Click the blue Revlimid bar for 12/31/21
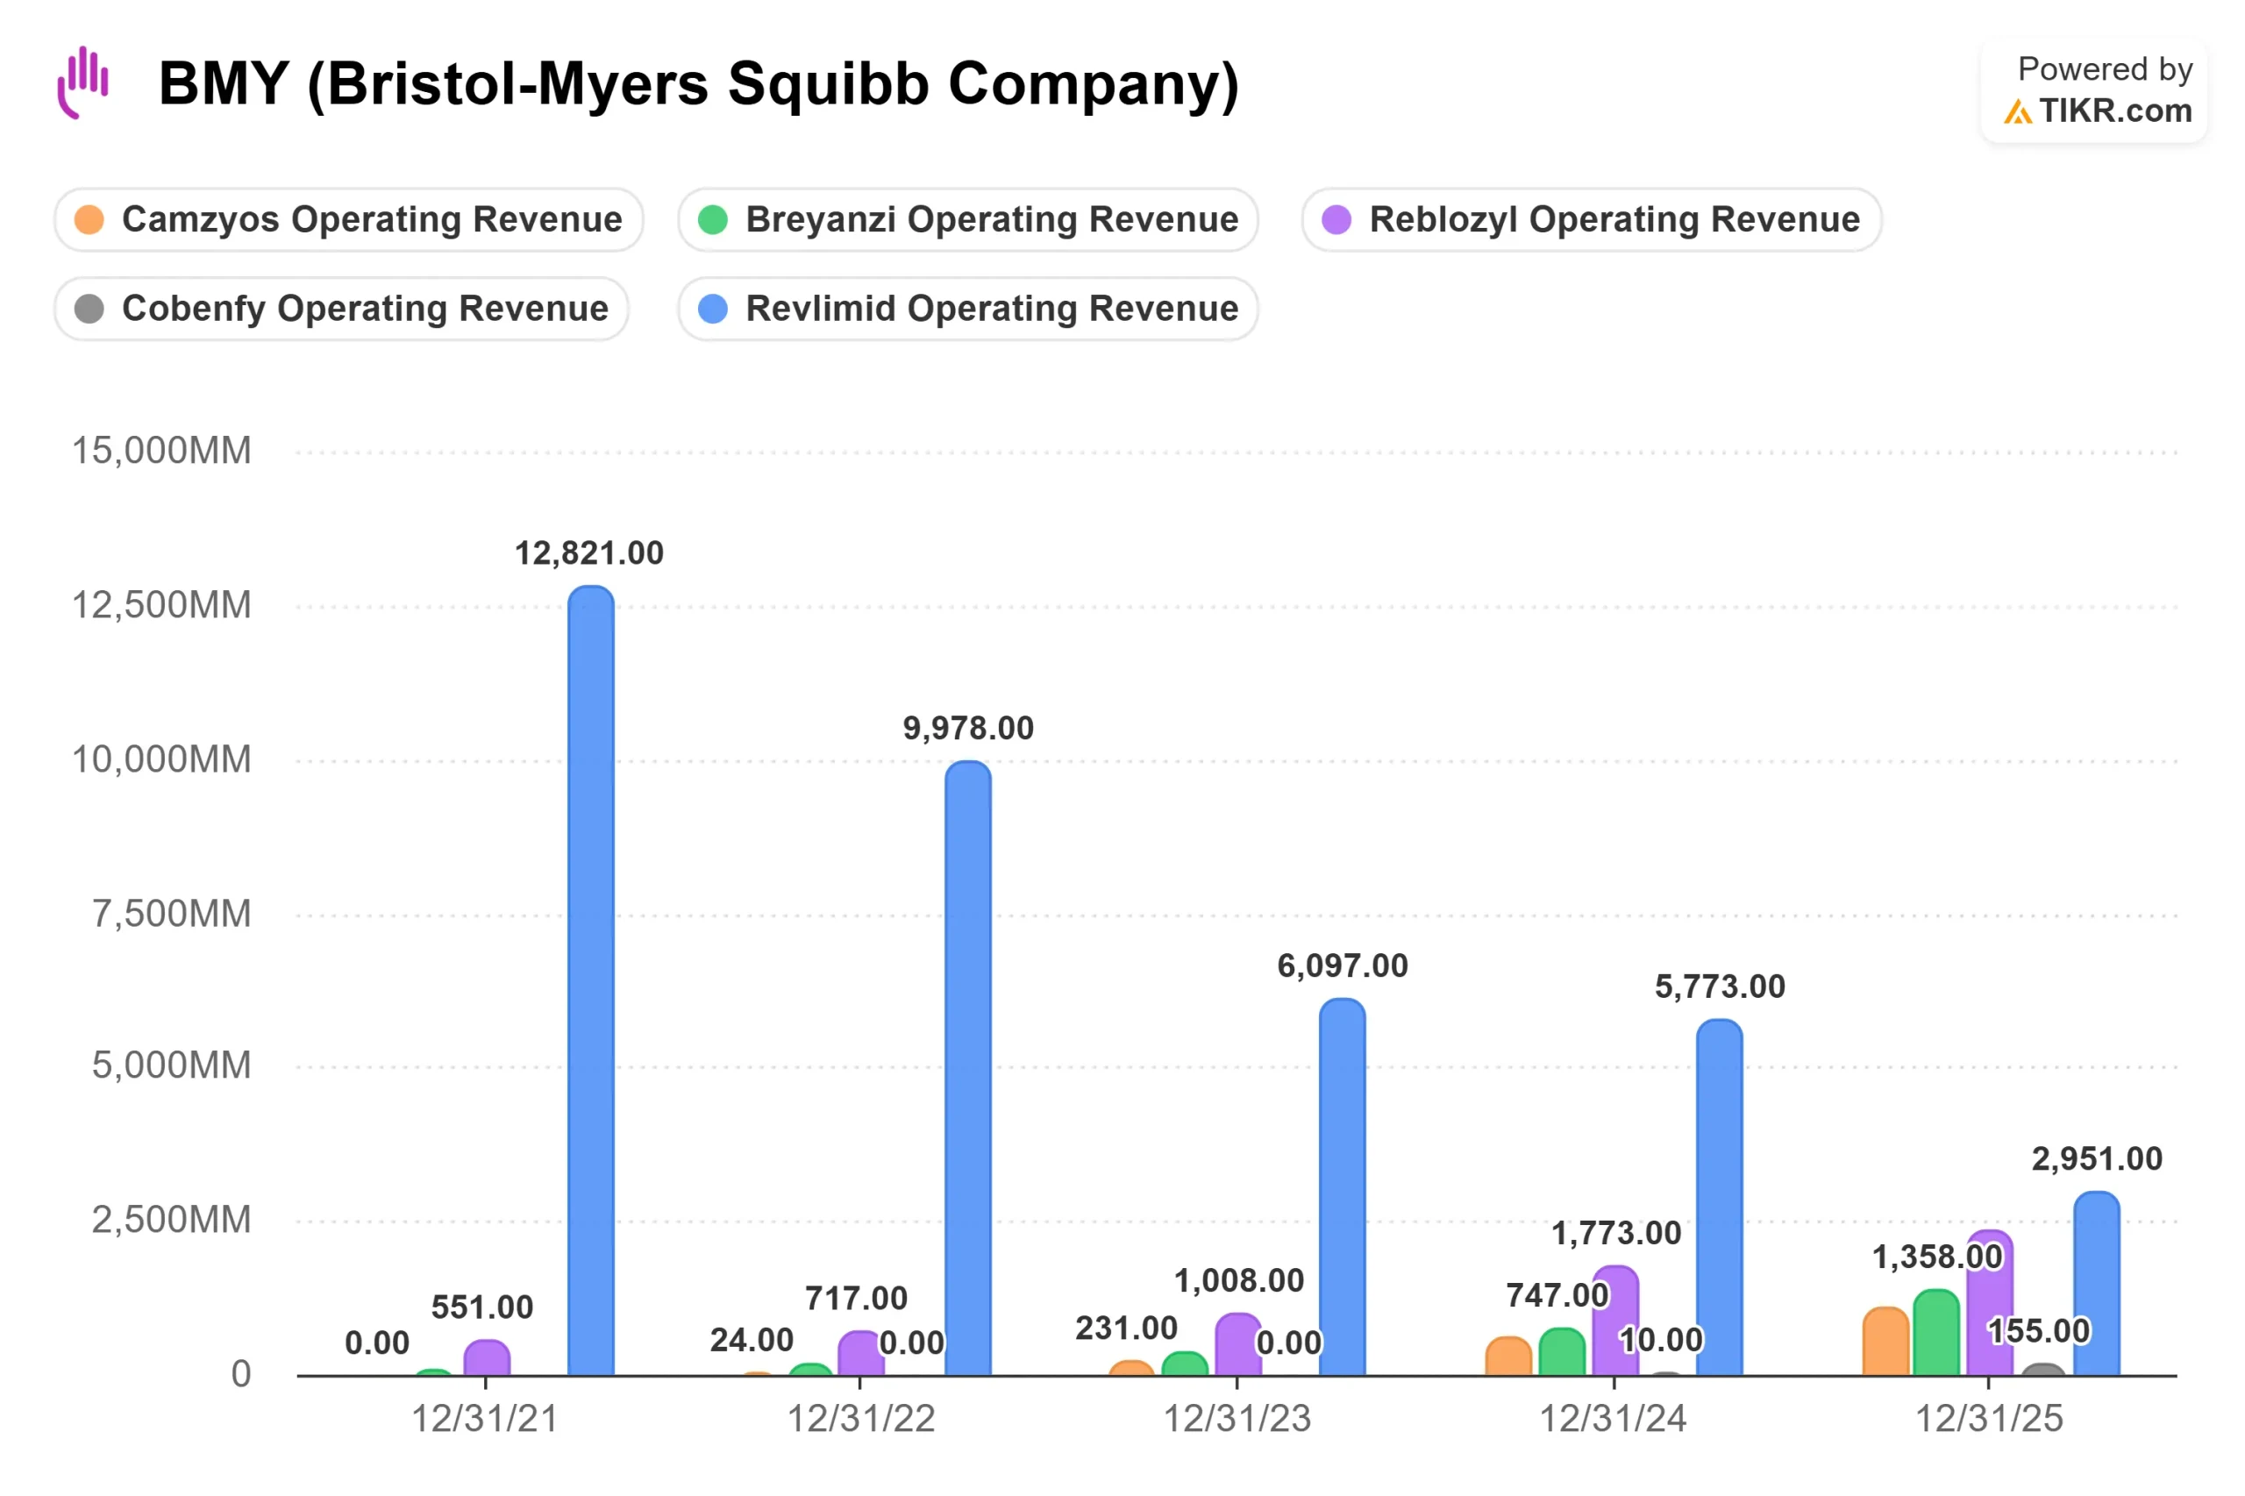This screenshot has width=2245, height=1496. coord(590,980)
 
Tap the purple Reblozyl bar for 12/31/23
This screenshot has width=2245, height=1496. coord(1237,1344)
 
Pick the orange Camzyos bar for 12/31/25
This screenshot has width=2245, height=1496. coord(1885,1342)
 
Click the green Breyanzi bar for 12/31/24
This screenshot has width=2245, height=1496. coord(1561,1352)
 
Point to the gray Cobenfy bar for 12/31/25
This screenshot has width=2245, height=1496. coord(2042,1370)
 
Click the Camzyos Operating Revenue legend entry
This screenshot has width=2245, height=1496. coord(349,219)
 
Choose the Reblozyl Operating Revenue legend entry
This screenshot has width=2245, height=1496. coord(1591,219)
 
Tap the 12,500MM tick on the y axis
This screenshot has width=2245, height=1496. coord(162,605)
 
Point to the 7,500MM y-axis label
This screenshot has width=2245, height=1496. coord(172,914)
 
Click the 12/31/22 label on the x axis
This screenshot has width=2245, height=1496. coord(860,1419)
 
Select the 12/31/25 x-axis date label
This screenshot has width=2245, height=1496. coord(1989,1419)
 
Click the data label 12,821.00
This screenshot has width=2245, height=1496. coord(588,553)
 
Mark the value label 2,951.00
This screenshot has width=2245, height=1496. coord(2096,1159)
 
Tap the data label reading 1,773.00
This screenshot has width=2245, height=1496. coord(1616,1234)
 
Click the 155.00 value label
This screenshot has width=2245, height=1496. coord(2038,1331)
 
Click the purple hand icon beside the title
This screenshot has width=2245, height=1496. coord(83,82)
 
